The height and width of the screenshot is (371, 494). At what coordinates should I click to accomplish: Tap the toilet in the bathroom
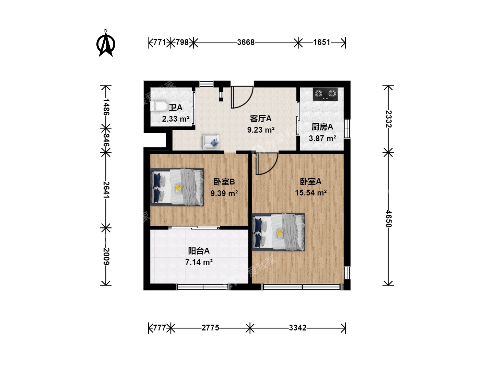pos(159,106)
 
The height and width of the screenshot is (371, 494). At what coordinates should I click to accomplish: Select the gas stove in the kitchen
pos(325,94)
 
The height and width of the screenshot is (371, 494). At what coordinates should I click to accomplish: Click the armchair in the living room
pos(211,142)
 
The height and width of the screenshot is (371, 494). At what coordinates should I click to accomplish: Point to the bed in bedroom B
pos(177,187)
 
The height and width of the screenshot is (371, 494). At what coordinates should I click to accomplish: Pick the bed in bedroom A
pos(279,232)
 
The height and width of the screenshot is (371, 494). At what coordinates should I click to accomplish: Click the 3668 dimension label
pos(246,42)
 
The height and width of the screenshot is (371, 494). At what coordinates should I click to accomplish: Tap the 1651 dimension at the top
pos(321,42)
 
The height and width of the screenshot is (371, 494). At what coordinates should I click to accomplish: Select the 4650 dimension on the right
pos(389,219)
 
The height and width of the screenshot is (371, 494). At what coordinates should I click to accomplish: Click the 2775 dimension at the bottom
pos(210,328)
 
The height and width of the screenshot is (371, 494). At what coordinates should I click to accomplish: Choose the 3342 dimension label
pos(297,328)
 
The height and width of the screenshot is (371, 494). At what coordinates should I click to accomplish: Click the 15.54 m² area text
pos(311,193)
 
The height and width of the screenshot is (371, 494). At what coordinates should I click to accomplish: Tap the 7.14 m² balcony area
pos(199,262)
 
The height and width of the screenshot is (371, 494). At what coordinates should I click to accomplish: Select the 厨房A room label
pos(322,127)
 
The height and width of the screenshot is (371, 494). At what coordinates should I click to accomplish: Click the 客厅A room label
pos(261,119)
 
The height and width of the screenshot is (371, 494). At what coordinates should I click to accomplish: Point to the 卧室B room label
pos(224,182)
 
